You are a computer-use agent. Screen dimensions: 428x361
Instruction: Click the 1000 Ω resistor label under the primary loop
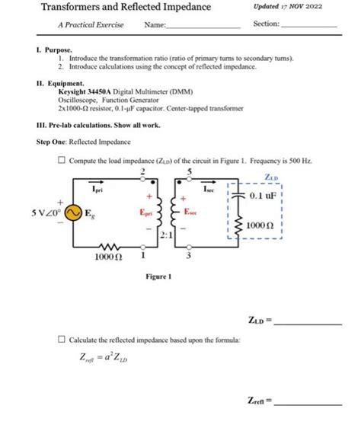tap(109, 258)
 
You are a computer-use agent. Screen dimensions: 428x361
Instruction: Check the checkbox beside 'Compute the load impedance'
tap(61, 161)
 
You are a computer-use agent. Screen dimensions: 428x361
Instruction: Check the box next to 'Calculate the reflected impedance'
tap(61, 340)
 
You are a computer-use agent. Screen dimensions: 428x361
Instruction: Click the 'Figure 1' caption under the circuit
tap(158, 276)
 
